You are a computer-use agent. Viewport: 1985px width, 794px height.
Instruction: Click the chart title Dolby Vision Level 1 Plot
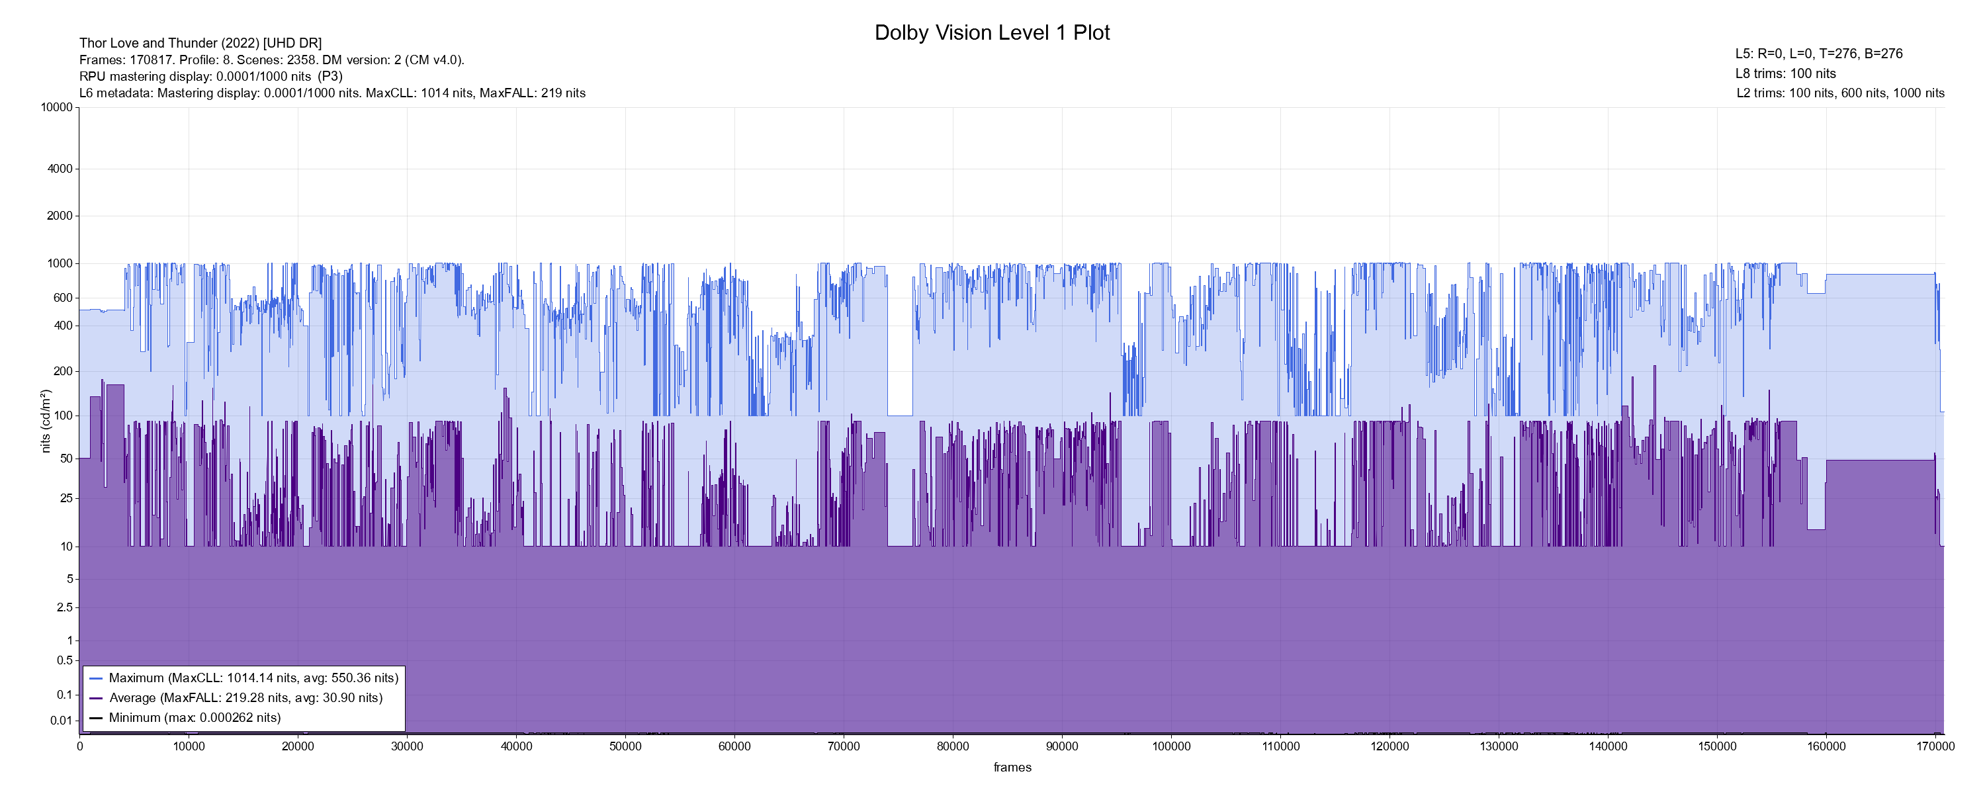pyautogui.click(x=992, y=32)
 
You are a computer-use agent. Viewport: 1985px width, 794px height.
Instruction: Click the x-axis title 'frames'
pyautogui.click(x=1012, y=767)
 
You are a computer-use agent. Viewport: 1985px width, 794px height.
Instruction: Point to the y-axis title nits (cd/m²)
pyautogui.click(x=46, y=421)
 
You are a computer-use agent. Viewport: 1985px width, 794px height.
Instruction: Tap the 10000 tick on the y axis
pyautogui.click(x=57, y=107)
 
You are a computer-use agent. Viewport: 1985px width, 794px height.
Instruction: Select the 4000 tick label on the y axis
pyautogui.click(x=60, y=169)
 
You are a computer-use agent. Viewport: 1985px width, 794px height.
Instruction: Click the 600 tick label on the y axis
pyautogui.click(x=62, y=298)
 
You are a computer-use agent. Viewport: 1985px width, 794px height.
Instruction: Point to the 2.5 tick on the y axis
pyautogui.click(x=65, y=607)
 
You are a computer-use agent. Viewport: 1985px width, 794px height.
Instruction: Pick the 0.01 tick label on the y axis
pyautogui.click(x=62, y=721)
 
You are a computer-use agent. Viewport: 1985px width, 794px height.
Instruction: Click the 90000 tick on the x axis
pyautogui.click(x=1062, y=746)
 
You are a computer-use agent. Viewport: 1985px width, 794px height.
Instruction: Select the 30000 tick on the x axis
pyautogui.click(x=407, y=746)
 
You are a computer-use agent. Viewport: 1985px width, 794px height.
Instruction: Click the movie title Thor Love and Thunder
pyautogui.click(x=200, y=43)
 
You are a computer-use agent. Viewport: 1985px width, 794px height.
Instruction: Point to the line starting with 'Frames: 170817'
pyautogui.click(x=271, y=60)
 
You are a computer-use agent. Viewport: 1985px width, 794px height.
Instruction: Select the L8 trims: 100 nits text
pyautogui.click(x=1785, y=74)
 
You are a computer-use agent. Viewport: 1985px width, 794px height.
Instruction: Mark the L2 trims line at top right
pyautogui.click(x=1840, y=93)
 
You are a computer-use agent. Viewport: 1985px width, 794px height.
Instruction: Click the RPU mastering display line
pyautogui.click(x=210, y=76)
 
